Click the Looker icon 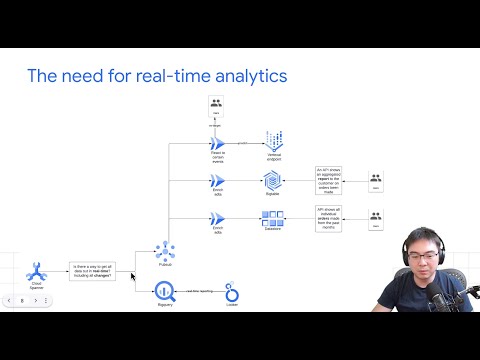tap(233, 293)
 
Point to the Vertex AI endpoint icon tap(273, 141)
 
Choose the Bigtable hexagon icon tap(273, 180)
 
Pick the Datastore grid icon tap(273, 219)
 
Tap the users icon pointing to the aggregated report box tap(376, 181)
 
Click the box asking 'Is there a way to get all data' tap(93, 269)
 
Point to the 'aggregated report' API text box tap(330, 180)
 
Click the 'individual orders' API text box tap(330, 220)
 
